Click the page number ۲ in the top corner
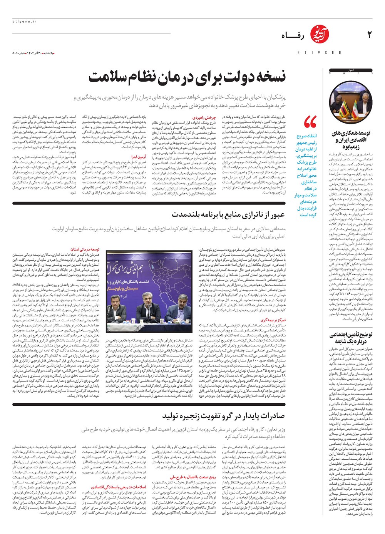tap(369, 35)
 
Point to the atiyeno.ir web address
tap(24, 22)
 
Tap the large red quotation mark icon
tap(310, 122)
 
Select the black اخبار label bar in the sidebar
tap(350, 70)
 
